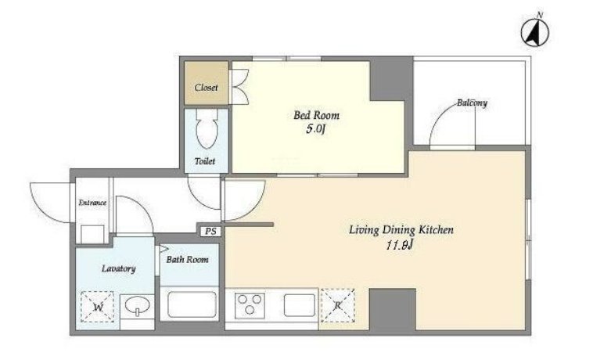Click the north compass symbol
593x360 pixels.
tap(536, 31)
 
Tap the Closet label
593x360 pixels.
tap(206, 88)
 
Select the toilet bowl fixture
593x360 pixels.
tap(207, 129)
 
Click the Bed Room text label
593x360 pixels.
tap(317, 115)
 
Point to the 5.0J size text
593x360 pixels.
tap(316, 129)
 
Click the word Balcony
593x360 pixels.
tap(472, 103)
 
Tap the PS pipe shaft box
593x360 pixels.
tap(210, 231)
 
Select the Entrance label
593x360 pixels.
tap(92, 203)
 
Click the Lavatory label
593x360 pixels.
tap(118, 269)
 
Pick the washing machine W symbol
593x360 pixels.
tap(98, 307)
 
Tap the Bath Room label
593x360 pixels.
tap(187, 259)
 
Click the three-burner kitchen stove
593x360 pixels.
tap(250, 304)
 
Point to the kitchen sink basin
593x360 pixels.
tap(300, 304)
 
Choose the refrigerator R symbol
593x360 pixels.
tap(338, 305)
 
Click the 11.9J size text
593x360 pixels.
tap(399, 246)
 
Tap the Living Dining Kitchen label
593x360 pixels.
tap(401, 230)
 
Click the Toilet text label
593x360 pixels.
tap(205, 161)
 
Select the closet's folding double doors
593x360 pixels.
tap(239, 87)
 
